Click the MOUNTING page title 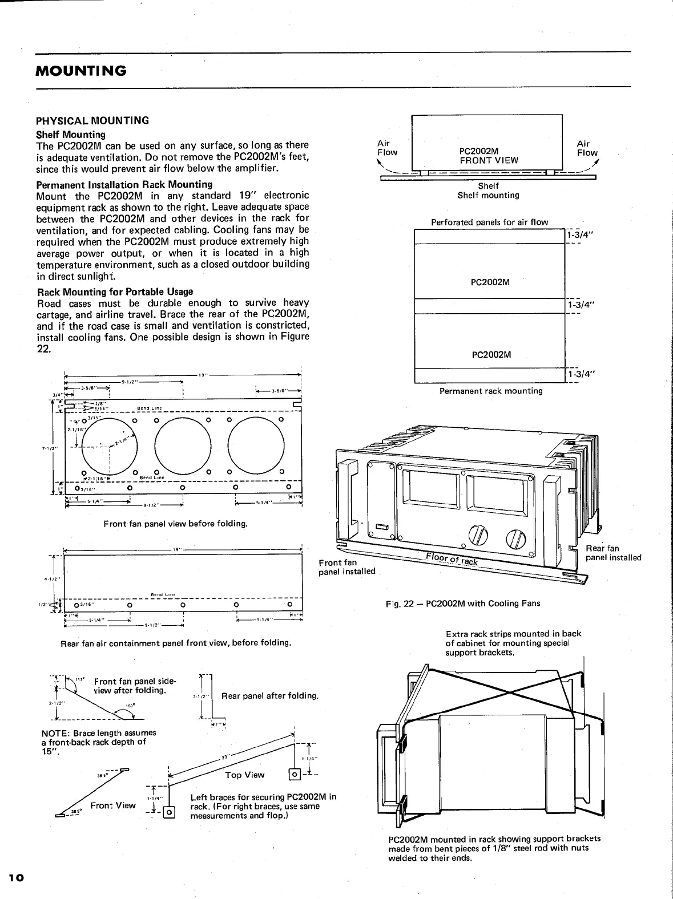click(x=80, y=71)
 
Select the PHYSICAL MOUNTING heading click(x=92, y=120)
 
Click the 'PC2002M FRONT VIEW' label click(x=489, y=155)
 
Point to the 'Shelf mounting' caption click(x=488, y=195)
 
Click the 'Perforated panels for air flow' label click(x=489, y=222)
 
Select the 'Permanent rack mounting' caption click(x=490, y=391)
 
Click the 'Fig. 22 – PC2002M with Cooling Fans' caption click(x=462, y=604)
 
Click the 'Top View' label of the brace click(x=245, y=774)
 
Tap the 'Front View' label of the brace click(x=113, y=805)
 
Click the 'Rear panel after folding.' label click(x=269, y=696)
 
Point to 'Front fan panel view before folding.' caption click(x=175, y=523)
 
